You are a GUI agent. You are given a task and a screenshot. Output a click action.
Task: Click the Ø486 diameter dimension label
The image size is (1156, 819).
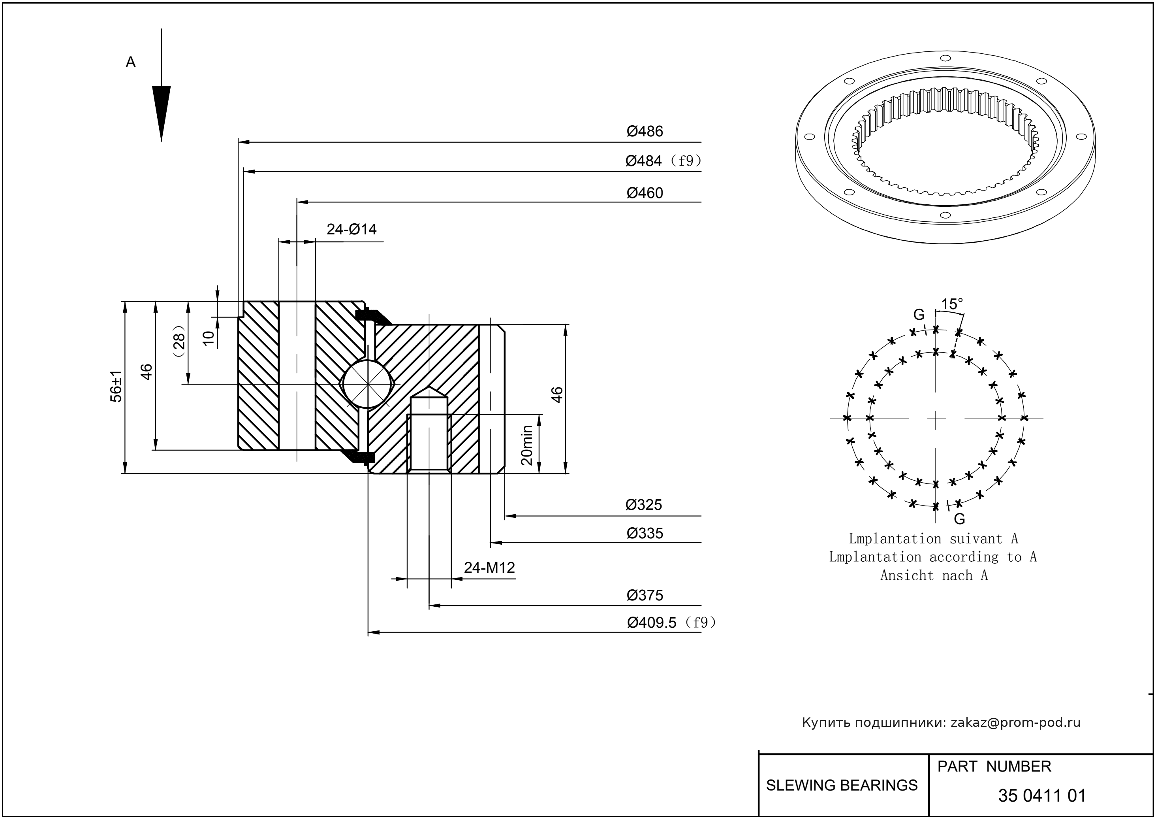coord(645,132)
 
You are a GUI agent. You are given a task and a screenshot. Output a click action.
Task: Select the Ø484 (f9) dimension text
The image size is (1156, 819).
coord(663,161)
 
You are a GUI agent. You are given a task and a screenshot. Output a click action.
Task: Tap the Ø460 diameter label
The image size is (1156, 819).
coord(645,193)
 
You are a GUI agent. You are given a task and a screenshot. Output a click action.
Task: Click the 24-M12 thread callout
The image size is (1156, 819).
coord(489,568)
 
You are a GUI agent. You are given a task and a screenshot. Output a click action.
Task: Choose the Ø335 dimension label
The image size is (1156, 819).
coord(645,533)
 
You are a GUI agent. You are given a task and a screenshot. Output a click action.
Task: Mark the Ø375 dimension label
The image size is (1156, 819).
coord(645,596)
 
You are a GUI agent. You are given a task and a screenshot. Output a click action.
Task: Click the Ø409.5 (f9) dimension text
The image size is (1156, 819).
coord(671,623)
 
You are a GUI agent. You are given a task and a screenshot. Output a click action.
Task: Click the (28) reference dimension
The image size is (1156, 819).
coord(179,342)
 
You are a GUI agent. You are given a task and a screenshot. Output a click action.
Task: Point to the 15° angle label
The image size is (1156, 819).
coord(952,304)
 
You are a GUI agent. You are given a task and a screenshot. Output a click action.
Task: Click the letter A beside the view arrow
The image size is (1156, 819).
coord(130,62)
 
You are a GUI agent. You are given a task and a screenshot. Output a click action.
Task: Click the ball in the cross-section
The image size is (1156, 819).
coord(368,384)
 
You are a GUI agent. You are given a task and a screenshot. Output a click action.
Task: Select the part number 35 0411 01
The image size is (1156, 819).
coord(1041,796)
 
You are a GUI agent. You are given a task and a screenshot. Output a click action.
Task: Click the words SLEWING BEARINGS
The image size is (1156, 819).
coord(842,785)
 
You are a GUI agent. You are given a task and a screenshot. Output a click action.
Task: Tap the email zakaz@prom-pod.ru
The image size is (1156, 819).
coord(1015,723)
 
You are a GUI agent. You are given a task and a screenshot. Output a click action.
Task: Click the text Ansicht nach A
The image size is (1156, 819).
coord(934,576)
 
